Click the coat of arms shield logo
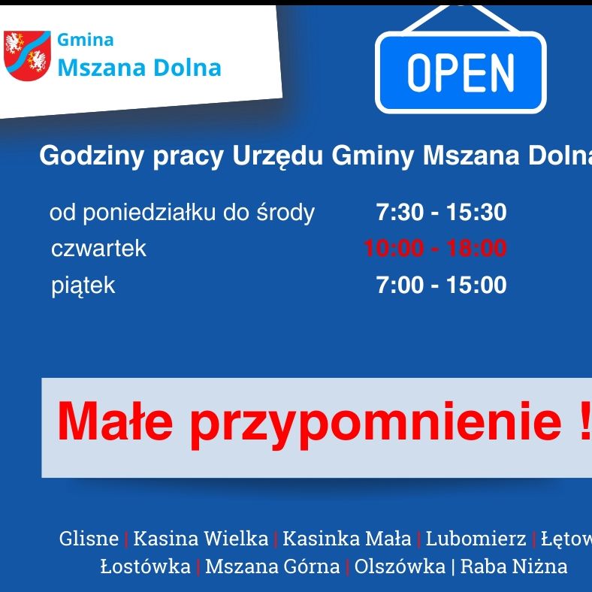(27, 54)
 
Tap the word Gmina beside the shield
(86, 41)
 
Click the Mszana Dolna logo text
(140, 68)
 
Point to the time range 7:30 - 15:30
(441, 213)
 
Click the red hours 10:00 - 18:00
(435, 249)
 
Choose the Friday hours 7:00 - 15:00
(441, 285)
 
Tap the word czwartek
(98, 249)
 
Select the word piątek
(83, 285)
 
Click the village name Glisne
(89, 539)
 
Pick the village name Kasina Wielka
(201, 539)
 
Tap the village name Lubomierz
(476, 539)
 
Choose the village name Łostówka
(145, 566)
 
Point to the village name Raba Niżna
(514, 566)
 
